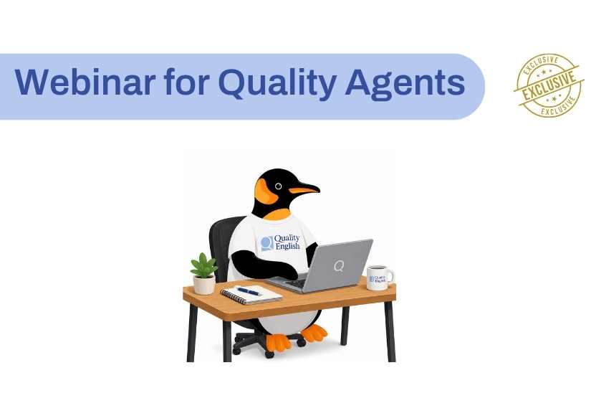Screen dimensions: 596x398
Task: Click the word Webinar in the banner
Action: point(85,82)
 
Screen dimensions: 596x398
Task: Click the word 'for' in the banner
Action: point(187,82)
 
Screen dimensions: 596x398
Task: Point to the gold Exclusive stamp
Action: point(548,85)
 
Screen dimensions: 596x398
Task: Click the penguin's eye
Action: point(278,186)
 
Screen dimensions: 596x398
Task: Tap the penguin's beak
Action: point(304,189)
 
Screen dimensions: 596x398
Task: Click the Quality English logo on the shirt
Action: point(281,242)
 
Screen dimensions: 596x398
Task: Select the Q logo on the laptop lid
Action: point(338,265)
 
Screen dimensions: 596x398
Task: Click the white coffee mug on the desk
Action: point(380,278)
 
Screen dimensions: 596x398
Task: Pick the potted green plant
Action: point(204,273)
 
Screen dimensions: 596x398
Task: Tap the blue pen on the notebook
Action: point(249,291)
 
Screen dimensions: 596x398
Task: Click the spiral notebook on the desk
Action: point(251,295)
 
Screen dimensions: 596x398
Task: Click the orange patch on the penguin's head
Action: point(264,191)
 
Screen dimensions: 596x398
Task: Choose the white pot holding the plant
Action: point(204,285)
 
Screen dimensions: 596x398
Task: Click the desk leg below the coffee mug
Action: point(390,331)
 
